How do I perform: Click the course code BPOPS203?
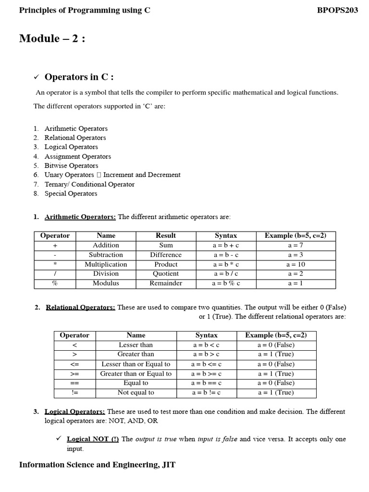(338, 10)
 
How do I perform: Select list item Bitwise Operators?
(71, 166)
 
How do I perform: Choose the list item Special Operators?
(71, 194)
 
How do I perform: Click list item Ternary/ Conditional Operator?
(89, 184)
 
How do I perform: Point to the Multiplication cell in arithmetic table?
(106, 264)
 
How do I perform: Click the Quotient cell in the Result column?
(166, 274)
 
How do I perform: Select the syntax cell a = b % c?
(226, 283)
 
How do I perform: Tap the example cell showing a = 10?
(295, 264)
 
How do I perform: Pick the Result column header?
(166, 235)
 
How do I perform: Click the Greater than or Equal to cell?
(135, 374)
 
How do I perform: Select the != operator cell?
(74, 393)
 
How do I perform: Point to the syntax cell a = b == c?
(207, 383)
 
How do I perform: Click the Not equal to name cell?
(135, 393)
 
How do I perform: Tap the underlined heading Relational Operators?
(80, 307)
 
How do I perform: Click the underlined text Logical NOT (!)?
(93, 439)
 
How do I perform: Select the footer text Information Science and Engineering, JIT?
(97, 465)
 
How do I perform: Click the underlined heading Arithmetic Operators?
(80, 217)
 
